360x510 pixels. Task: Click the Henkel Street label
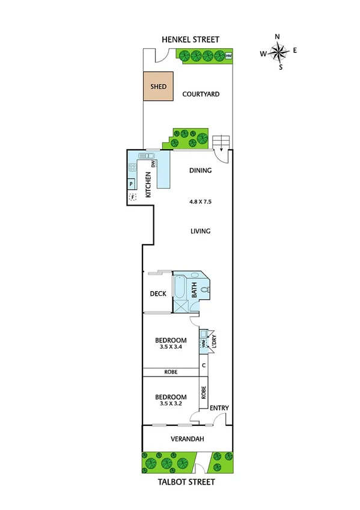click(x=189, y=40)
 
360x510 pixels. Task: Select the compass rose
click(x=278, y=53)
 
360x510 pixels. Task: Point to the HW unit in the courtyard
click(x=229, y=57)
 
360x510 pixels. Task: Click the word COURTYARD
click(x=201, y=94)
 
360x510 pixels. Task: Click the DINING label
click(x=200, y=170)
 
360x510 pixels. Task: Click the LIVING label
click(x=200, y=231)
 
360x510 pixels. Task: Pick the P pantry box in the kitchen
click(x=132, y=185)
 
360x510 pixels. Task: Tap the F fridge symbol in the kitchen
click(x=132, y=197)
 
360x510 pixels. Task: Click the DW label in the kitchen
click(x=153, y=164)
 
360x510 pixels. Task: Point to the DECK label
click(x=157, y=293)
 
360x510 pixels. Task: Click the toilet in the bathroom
click(x=206, y=290)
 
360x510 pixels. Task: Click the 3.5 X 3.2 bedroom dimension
click(x=171, y=404)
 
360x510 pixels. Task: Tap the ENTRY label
click(x=219, y=408)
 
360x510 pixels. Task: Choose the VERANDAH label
click(x=187, y=439)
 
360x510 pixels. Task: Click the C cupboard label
click(x=204, y=365)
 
